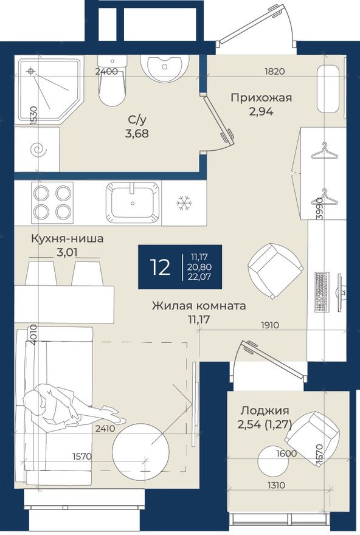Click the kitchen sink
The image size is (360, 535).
(x=133, y=202)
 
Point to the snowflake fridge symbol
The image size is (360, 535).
(x=183, y=203)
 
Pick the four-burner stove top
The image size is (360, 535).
(x=52, y=202)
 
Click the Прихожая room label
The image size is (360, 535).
(x=261, y=97)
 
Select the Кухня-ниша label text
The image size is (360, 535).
(x=67, y=238)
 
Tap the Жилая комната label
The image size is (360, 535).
(x=199, y=306)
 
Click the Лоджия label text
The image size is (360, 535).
(x=265, y=410)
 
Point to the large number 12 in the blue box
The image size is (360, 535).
(x=161, y=267)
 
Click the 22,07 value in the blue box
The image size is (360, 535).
(x=201, y=278)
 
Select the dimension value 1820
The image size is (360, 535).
(x=275, y=71)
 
